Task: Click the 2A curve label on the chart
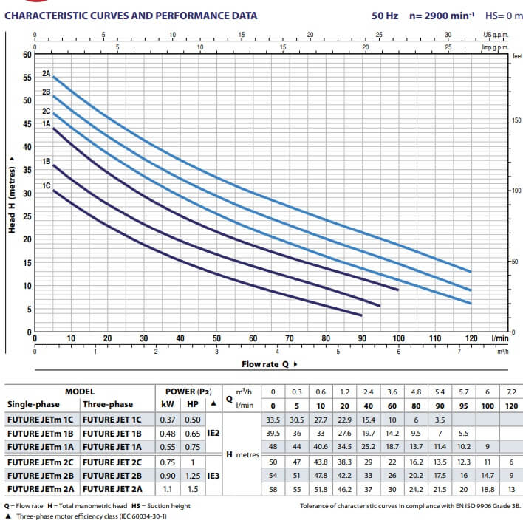pos(46,74)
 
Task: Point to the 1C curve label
pos(46,186)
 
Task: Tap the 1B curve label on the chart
pos(46,161)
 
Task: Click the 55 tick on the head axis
pos(27,78)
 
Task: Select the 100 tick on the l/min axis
pos(399,338)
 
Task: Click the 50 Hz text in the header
pos(384,15)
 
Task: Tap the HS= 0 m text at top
pos(504,15)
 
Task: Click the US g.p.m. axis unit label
pos(496,35)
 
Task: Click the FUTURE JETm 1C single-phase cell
pos(41,419)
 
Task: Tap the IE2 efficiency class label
pos(213,432)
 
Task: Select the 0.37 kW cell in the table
pos(168,419)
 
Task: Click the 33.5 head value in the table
pos(273,419)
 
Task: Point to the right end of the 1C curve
pos(362,315)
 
